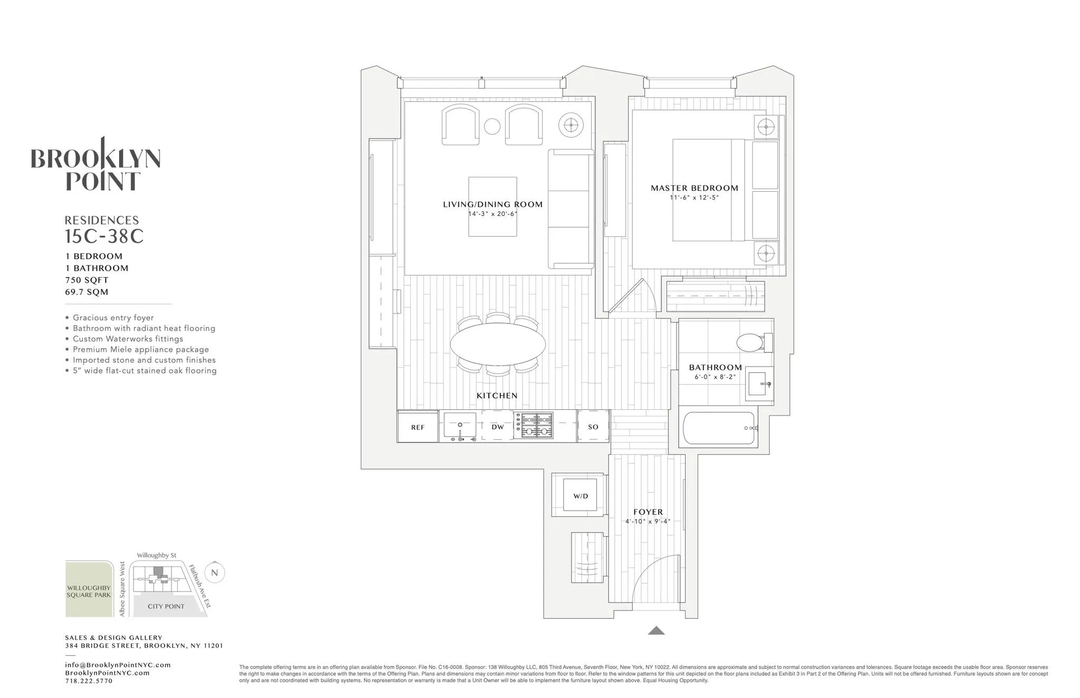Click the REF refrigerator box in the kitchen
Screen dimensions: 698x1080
pos(418,427)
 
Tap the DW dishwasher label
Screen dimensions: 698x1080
pos(497,427)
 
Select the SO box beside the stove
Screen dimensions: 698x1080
pos(593,427)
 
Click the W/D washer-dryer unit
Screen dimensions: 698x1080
pos(580,496)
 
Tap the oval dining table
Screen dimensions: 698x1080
pos(497,343)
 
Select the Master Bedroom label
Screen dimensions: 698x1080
pos(694,188)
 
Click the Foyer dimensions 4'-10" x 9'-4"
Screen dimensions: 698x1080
pos(648,522)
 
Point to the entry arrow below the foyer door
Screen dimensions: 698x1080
pos(656,630)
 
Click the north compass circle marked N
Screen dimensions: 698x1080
pos(214,573)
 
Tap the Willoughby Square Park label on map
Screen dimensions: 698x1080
pos(89,591)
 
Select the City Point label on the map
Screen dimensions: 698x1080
pos(166,606)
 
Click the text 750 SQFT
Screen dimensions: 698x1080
pos(87,280)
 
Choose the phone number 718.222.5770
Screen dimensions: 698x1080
pos(89,681)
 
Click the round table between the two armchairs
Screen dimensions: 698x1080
pos(491,126)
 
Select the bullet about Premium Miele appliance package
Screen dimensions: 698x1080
pos(141,349)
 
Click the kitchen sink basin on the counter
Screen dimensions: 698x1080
pos(459,424)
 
